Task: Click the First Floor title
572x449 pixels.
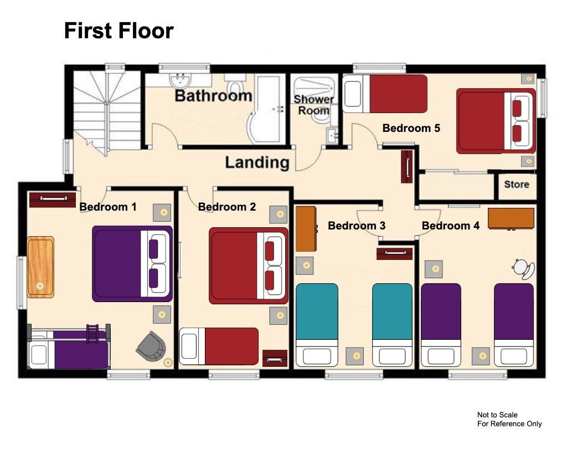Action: (x=118, y=30)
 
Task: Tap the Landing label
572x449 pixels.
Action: (x=257, y=163)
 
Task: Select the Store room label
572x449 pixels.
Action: (x=517, y=185)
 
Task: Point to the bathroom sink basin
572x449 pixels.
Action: (x=180, y=80)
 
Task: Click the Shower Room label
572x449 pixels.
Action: (x=314, y=105)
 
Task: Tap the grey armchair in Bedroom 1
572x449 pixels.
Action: (x=151, y=346)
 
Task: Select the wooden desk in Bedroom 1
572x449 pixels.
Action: (x=40, y=267)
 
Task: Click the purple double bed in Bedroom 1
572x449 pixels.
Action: (x=132, y=263)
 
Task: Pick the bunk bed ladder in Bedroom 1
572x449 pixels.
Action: (x=92, y=334)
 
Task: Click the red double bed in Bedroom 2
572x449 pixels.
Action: (x=249, y=266)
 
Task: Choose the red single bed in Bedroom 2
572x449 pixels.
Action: (x=219, y=346)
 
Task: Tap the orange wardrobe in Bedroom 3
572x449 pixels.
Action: (x=306, y=229)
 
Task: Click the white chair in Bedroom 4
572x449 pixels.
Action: (x=523, y=269)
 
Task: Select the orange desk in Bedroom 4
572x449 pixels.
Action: (x=511, y=218)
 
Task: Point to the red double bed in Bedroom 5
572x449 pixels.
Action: (x=496, y=121)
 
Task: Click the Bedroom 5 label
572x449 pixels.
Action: (x=411, y=128)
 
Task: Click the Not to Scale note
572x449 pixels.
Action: (x=497, y=415)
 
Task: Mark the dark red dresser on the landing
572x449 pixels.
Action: (x=407, y=166)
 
